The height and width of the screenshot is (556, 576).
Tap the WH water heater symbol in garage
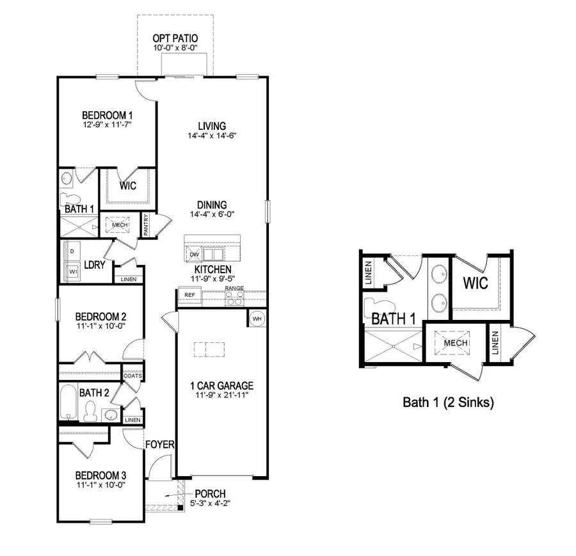(x=257, y=319)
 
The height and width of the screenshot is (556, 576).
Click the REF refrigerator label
(x=189, y=295)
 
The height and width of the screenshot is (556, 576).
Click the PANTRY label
(x=146, y=225)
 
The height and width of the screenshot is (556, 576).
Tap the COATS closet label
(x=132, y=376)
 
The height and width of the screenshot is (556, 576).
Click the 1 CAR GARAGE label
(x=221, y=386)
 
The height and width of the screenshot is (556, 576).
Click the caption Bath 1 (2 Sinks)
(x=448, y=402)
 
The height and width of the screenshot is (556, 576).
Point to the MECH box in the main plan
(x=120, y=225)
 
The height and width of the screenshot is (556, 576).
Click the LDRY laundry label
(x=94, y=264)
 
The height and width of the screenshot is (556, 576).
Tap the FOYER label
(x=160, y=444)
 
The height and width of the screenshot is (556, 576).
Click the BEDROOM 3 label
(x=100, y=475)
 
